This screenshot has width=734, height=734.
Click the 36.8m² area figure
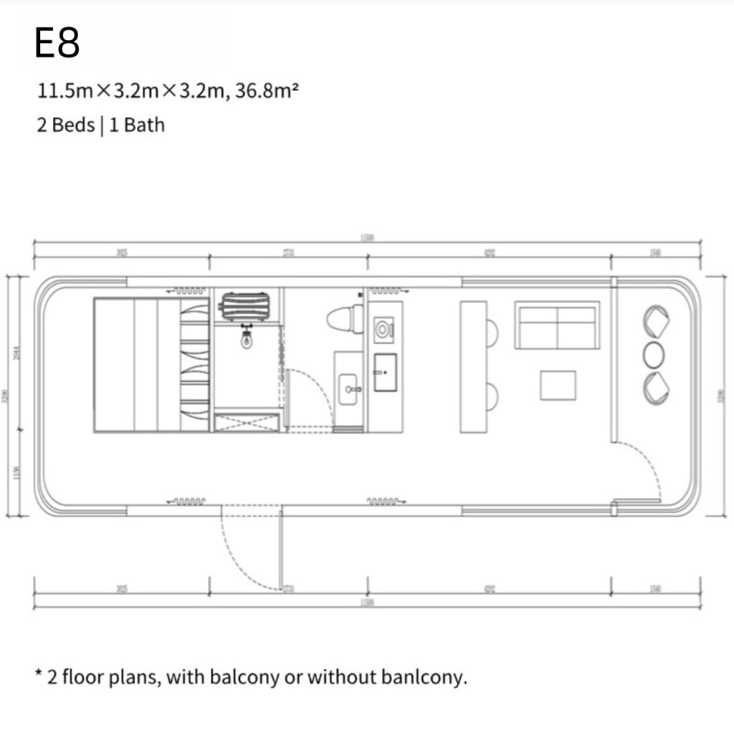coord(265,92)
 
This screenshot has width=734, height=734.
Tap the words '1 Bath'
coord(137,125)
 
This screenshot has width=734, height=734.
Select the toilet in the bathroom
coord(345,318)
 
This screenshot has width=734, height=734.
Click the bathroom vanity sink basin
coord(351,388)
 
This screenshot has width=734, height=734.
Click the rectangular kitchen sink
coord(385,373)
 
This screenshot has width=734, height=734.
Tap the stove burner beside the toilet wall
coord(384,329)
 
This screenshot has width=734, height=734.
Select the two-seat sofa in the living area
coord(557,325)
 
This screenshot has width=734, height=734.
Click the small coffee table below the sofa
coord(558,385)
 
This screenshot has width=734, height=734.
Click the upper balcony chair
coord(657,322)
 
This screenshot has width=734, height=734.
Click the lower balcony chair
coord(657,388)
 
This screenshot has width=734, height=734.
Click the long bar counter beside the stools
coord(473,366)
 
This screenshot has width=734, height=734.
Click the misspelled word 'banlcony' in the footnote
coord(429,677)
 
